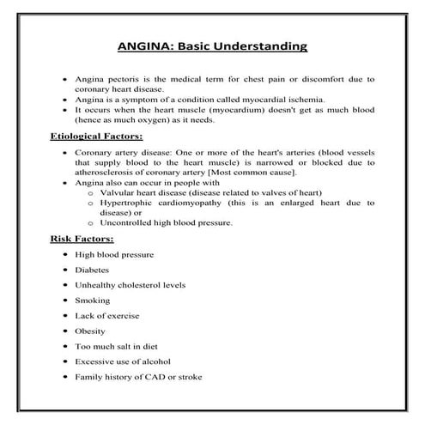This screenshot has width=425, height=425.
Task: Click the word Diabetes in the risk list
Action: [x=93, y=269]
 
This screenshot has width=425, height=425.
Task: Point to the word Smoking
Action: [x=92, y=300]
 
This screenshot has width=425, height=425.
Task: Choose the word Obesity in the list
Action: [x=90, y=330]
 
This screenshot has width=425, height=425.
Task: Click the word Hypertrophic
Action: [x=129, y=203]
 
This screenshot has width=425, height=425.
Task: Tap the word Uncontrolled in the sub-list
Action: [x=131, y=222]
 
